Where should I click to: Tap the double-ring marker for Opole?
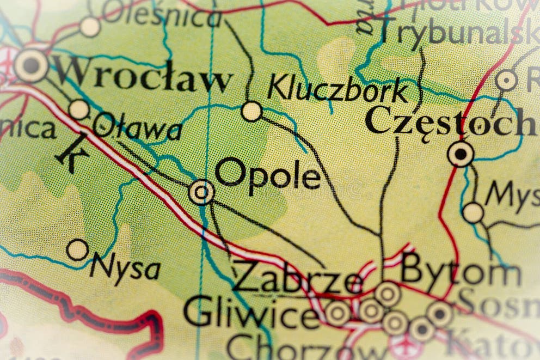(201, 192)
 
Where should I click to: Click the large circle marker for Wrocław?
(30, 65)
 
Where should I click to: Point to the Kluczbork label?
(337, 90)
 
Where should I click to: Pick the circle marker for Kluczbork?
(251, 111)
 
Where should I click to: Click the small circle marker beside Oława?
(79, 109)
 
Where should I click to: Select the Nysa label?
(125, 267)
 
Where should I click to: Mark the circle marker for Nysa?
(77, 249)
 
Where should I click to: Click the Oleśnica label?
(163, 16)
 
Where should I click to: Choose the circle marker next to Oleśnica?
(90, 27)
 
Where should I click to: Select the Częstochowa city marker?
(461, 154)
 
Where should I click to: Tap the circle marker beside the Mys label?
(472, 212)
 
